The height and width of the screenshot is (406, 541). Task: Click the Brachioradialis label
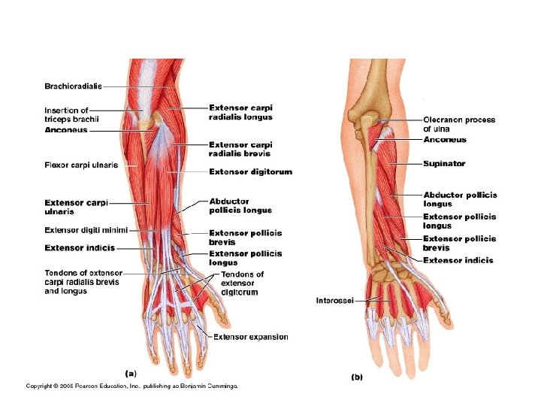73,86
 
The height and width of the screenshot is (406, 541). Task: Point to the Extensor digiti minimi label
86,230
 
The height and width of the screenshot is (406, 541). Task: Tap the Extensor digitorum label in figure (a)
250,172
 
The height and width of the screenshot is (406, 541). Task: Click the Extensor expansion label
250,337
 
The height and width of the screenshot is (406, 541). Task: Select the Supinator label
444,163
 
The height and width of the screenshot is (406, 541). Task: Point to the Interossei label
335,301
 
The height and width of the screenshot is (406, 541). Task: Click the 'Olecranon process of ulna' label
459,124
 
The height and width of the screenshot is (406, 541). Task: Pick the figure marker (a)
130,371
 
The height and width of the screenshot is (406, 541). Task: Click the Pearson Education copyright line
131,386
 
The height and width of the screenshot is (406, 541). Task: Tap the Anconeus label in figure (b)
445,140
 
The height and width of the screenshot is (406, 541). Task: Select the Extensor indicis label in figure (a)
80,247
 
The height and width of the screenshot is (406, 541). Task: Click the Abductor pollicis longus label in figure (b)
460,199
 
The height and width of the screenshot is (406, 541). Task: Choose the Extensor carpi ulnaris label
77,207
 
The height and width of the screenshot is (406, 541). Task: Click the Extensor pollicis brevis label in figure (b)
459,243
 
